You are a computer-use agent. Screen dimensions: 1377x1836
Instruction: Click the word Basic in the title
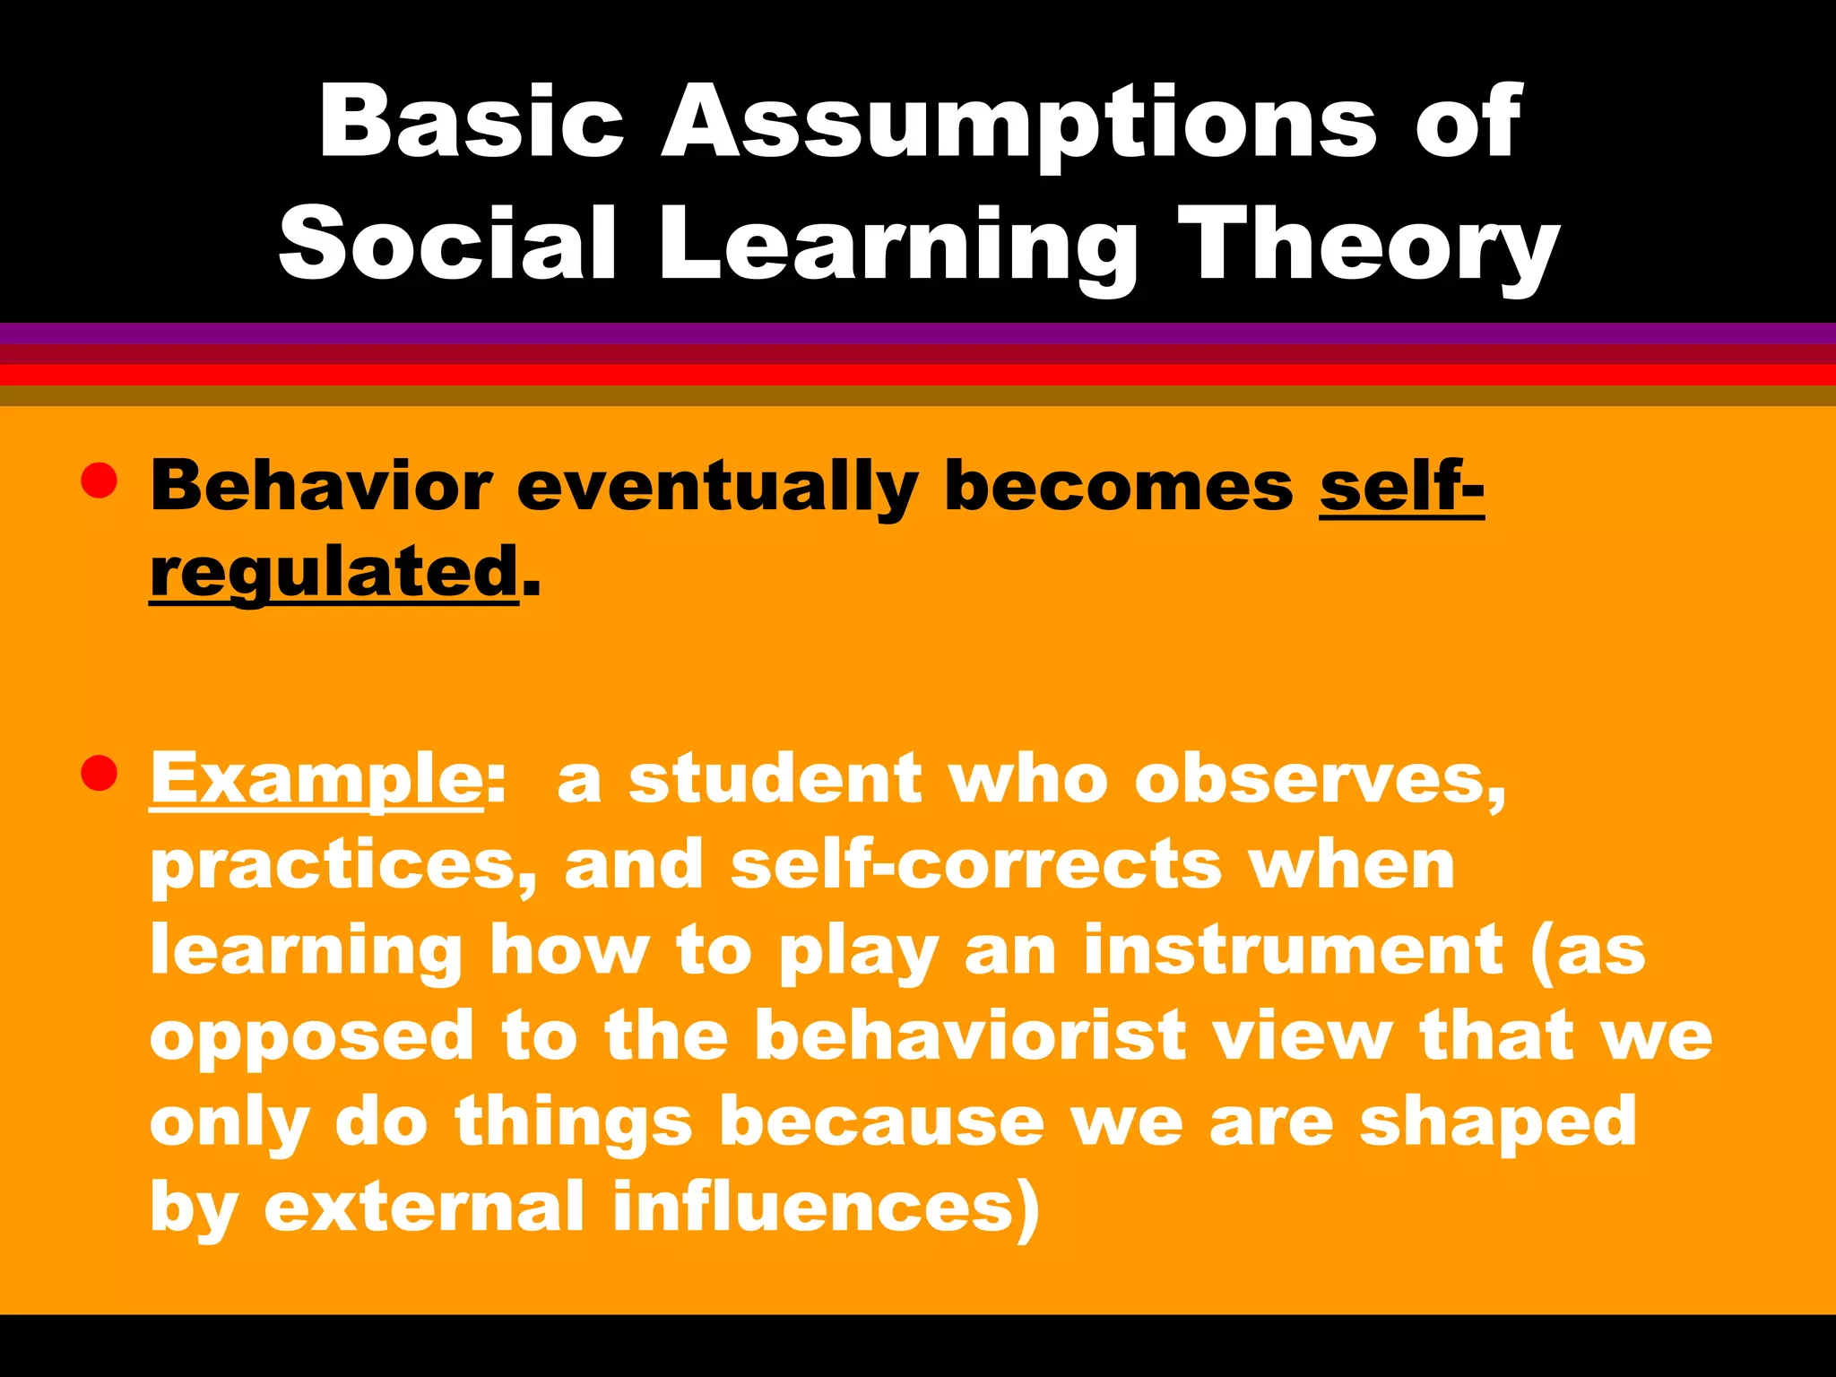(472, 121)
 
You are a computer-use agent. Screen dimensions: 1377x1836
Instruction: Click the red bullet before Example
(99, 773)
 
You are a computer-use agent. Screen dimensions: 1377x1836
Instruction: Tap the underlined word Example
(316, 778)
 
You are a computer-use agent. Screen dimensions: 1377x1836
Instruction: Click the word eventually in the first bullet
(717, 486)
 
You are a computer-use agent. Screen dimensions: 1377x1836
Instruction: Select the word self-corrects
(976, 864)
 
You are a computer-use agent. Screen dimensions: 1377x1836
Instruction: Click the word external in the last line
(425, 1207)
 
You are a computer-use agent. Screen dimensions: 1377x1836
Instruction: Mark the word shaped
(1497, 1122)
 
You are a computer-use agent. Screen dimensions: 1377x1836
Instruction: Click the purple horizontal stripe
(918, 333)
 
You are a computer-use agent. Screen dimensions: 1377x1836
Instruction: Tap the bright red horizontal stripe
(918, 375)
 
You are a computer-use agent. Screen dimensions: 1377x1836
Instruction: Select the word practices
(343, 864)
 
